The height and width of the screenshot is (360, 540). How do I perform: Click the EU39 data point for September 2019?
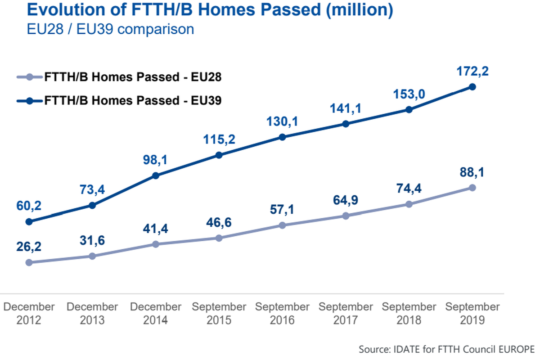(x=472, y=87)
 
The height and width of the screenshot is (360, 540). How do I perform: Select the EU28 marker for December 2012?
(x=29, y=262)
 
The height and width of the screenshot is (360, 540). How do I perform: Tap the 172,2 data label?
(x=472, y=72)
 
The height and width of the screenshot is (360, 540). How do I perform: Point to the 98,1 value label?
(x=155, y=160)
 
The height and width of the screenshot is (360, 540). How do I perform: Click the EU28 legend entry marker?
(x=29, y=77)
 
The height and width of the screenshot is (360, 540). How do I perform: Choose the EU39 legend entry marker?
(x=29, y=101)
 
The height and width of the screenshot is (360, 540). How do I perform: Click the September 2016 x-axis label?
(x=282, y=314)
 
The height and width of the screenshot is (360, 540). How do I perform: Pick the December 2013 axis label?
(x=92, y=314)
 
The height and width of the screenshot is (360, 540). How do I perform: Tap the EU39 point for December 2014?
(x=156, y=175)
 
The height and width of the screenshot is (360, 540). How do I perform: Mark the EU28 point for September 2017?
(x=346, y=216)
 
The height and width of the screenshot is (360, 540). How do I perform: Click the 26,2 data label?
(x=29, y=247)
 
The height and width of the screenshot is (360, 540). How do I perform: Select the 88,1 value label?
(x=472, y=172)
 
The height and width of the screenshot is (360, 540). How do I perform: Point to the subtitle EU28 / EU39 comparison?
(x=110, y=29)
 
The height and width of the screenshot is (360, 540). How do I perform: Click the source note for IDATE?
(x=447, y=349)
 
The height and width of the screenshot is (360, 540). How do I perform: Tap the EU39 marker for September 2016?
(x=282, y=137)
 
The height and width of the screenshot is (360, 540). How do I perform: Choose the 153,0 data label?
(x=409, y=94)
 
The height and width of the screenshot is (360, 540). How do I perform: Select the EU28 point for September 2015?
(x=219, y=238)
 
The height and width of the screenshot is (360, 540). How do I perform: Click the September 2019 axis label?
(x=472, y=314)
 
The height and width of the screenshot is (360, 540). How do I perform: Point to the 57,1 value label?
(x=282, y=209)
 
